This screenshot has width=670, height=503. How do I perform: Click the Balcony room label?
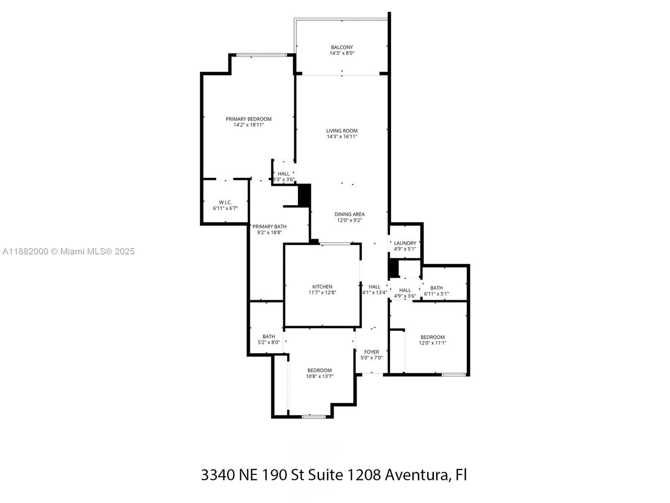tap(342, 47)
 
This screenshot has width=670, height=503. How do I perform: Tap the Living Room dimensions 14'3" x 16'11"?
tap(342, 137)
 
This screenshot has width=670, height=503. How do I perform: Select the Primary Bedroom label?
tap(248, 119)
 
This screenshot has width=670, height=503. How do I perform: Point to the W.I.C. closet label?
tap(225, 202)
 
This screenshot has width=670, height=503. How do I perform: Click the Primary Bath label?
tap(269, 226)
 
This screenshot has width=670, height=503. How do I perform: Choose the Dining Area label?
tap(349, 214)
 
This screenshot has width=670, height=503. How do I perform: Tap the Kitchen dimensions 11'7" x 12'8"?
tap(322, 293)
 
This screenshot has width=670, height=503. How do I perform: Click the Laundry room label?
tap(405, 243)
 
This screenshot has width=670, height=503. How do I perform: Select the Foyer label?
tap(371, 352)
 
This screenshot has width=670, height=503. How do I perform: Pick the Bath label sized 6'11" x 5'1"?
tap(436, 288)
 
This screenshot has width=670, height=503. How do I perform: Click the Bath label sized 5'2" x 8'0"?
tap(269, 337)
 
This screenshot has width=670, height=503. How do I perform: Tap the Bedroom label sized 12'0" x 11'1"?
tap(433, 337)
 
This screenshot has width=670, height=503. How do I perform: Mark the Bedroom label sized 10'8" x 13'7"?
tap(320, 370)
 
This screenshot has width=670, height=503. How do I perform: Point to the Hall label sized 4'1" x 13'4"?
tap(374, 287)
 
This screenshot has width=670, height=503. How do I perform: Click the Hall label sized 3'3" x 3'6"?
tap(283, 174)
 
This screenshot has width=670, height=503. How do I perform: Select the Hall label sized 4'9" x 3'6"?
tap(405, 290)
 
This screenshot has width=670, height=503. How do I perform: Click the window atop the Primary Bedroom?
tap(262, 55)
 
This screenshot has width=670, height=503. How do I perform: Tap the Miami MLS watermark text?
tap(68, 251)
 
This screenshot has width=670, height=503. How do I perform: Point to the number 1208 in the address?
tap(363, 475)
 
